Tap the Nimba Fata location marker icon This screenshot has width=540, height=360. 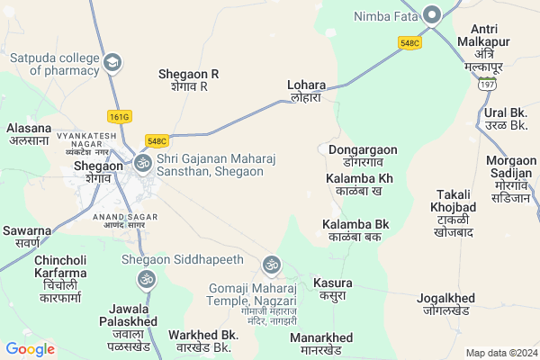(432, 14)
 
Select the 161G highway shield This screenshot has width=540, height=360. (119, 116)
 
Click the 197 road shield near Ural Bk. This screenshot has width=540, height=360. (487, 84)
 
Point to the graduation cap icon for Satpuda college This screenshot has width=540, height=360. (113, 62)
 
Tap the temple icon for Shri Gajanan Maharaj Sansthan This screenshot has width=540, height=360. (142, 163)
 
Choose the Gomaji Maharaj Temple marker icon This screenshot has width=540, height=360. (271, 265)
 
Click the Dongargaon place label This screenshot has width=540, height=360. (363, 155)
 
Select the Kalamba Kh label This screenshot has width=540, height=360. (359, 184)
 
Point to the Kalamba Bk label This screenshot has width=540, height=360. (355, 229)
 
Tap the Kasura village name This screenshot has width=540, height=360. (332, 288)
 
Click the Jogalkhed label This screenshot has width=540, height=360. (456, 303)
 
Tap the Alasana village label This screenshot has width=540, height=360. (28, 134)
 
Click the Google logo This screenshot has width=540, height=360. (30, 349)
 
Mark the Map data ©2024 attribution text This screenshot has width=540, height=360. (500, 353)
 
